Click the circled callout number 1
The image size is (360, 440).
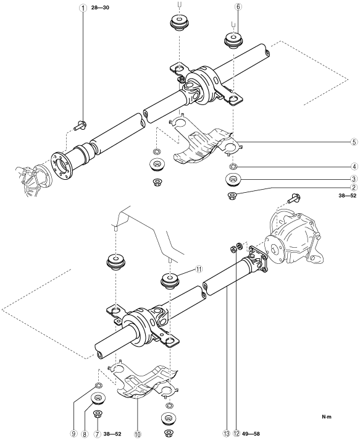[83, 8]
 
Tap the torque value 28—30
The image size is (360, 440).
[100, 8]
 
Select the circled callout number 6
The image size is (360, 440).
[238, 7]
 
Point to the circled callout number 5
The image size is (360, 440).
[354, 142]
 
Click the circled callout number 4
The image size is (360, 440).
[354, 167]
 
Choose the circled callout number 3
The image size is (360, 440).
[354, 179]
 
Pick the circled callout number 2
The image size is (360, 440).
[354, 187]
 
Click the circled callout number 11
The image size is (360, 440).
[198, 269]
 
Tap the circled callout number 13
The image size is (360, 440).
[226, 434]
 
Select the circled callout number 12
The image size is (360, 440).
[237, 434]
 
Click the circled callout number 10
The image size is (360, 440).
[137, 434]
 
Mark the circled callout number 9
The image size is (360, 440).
[73, 434]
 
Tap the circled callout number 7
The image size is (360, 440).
[97, 434]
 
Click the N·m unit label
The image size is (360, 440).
[327, 417]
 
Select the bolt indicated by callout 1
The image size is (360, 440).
[80, 125]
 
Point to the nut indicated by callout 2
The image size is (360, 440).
[233, 195]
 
